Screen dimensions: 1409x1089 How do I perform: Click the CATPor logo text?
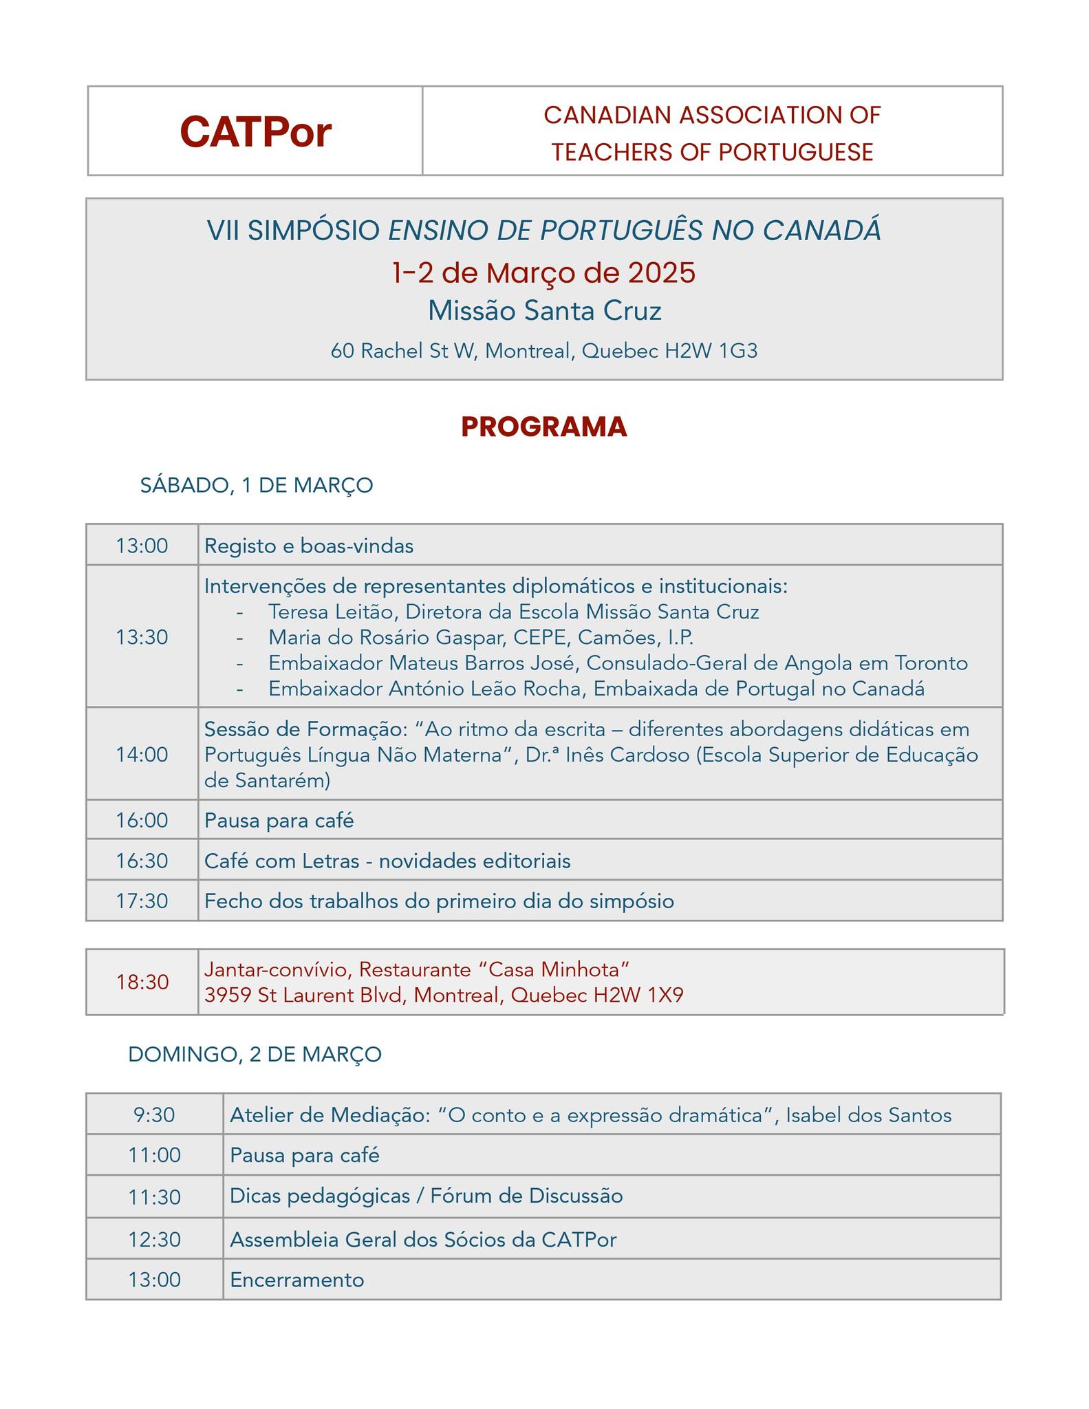pyautogui.click(x=255, y=131)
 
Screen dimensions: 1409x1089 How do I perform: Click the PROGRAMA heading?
pyautogui.click(x=543, y=427)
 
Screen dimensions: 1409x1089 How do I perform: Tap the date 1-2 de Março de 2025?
pyautogui.click(x=543, y=272)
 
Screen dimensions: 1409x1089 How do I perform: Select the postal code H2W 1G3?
pyautogui.click(x=711, y=351)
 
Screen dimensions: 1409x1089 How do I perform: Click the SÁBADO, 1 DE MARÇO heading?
pyautogui.click(x=257, y=485)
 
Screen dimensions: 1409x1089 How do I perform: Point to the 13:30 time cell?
pyautogui.click(x=142, y=637)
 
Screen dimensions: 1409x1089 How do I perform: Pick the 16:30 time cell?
pyautogui.click(x=142, y=861)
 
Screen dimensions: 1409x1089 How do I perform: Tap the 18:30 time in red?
pyautogui.click(x=142, y=982)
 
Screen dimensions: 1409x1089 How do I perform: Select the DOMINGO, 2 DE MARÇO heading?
pyautogui.click(x=255, y=1054)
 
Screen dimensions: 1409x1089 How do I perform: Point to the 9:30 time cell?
pyautogui.click(x=154, y=1115)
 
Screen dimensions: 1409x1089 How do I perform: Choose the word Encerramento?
pyautogui.click(x=296, y=1280)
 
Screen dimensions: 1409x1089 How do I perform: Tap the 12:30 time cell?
pyautogui.click(x=154, y=1239)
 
